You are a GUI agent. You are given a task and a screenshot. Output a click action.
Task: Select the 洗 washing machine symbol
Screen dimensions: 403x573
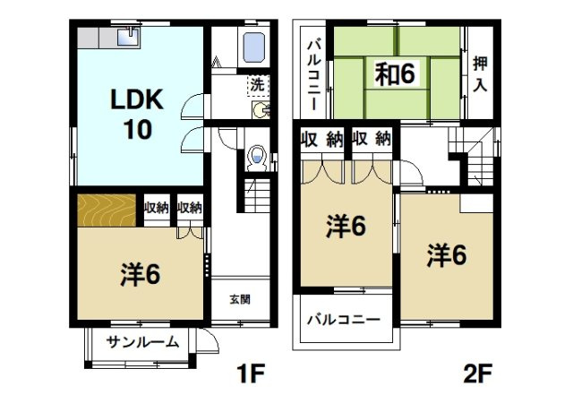(x=257, y=86)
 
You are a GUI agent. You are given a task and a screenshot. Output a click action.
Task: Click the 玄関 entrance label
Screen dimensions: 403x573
(x=239, y=298)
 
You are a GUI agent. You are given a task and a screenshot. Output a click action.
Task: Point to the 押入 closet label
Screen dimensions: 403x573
(x=480, y=73)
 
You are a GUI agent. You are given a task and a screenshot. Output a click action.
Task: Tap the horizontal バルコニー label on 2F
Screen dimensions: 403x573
(x=345, y=319)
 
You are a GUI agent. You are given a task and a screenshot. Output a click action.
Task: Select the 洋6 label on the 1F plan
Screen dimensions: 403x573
(x=140, y=274)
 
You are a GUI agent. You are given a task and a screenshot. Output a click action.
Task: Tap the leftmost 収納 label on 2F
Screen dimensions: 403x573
(x=321, y=139)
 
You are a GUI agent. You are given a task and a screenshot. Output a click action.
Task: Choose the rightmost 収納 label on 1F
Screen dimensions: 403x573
(x=189, y=208)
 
